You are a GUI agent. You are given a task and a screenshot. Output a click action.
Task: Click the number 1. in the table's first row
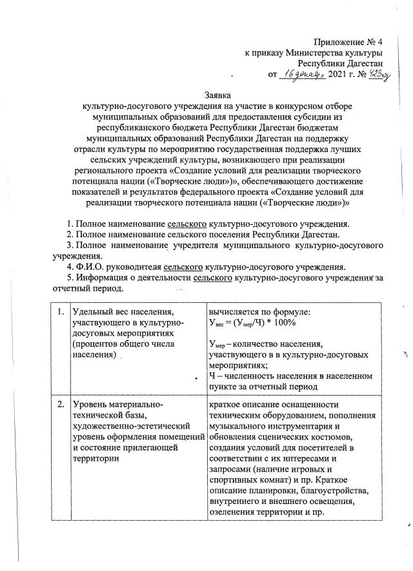(61, 313)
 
